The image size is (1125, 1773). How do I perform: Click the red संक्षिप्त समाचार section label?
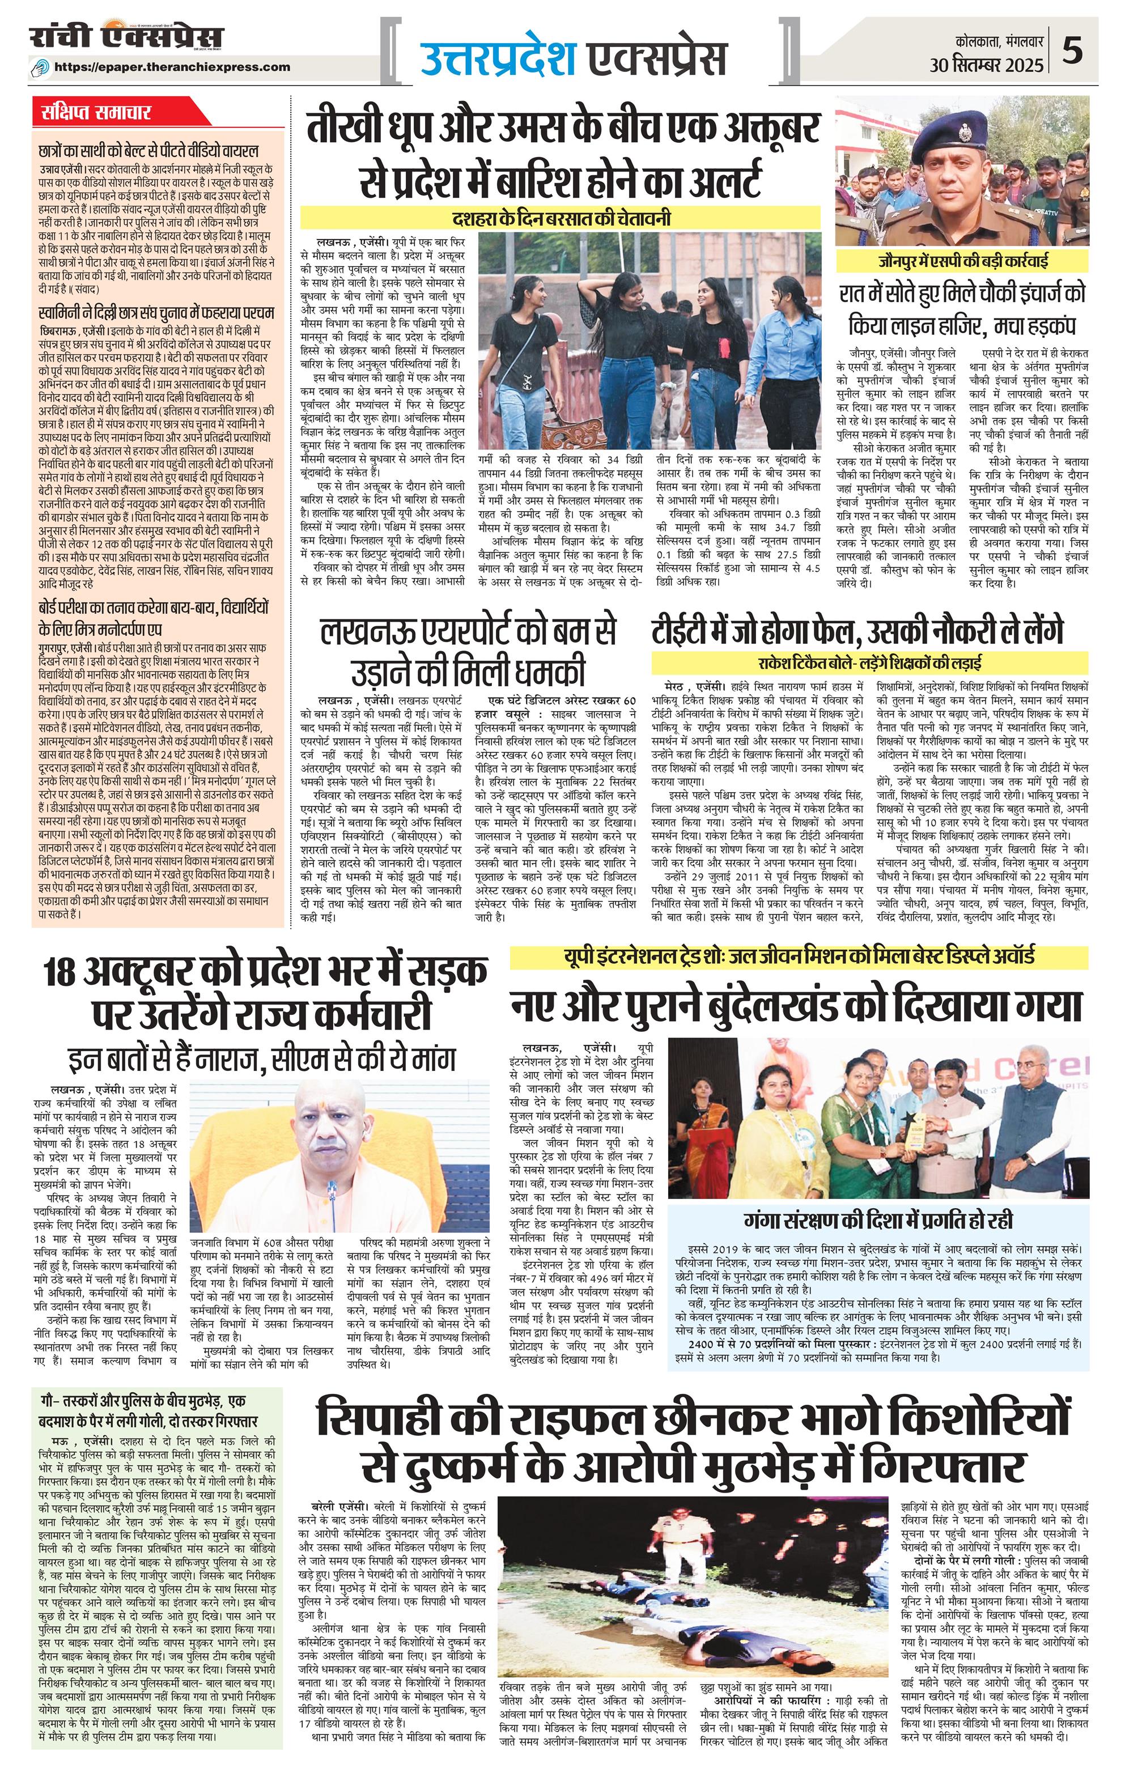[x=95, y=113]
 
